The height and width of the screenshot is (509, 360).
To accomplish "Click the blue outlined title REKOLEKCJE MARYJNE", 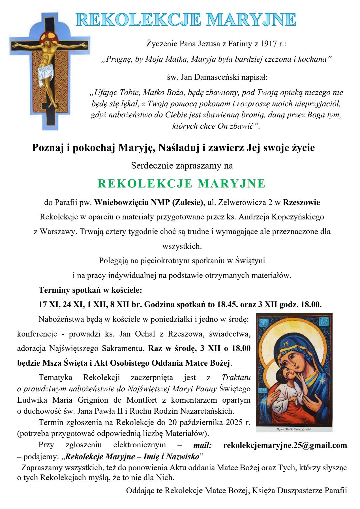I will point(186,20).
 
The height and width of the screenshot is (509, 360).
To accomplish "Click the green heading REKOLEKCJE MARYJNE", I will point(181,184).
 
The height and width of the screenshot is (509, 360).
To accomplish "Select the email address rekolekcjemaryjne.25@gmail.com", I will point(285,445).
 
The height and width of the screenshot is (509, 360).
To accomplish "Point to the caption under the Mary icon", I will point(294,429).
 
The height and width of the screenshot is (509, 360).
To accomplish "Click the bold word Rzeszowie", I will point(301,202).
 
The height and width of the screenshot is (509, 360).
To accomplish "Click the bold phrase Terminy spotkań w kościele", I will point(90,290).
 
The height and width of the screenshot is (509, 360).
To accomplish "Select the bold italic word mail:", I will point(202,445).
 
